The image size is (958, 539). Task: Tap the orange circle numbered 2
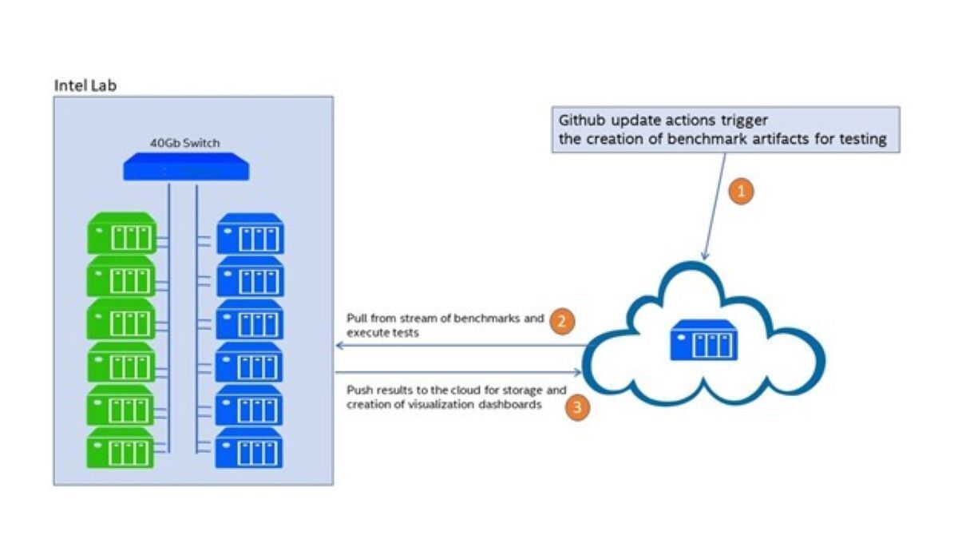tap(563, 322)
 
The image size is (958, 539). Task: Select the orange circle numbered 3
tap(578, 407)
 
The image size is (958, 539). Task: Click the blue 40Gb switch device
tap(186, 168)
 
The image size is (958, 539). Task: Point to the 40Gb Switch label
tap(185, 144)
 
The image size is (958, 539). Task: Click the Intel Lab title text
tap(85, 85)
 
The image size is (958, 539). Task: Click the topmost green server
tap(121, 233)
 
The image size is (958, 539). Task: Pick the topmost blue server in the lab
tap(250, 233)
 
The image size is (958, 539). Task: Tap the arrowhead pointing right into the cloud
tap(578, 372)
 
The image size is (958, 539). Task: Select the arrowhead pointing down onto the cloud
tap(704, 255)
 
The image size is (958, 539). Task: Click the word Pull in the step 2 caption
tap(355, 319)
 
